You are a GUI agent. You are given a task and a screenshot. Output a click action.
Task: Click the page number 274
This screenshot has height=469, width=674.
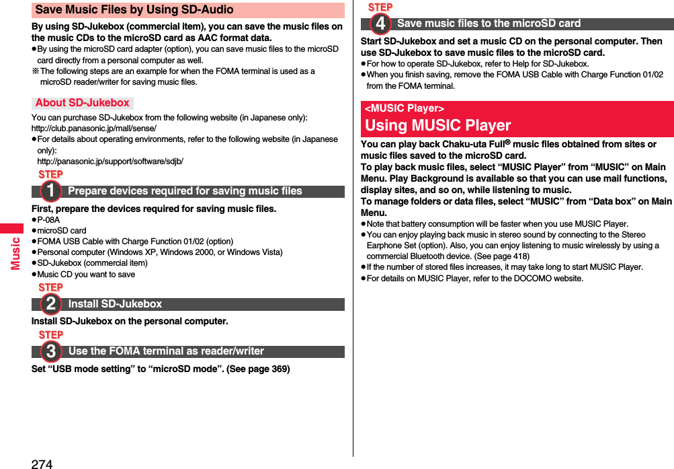[42, 463]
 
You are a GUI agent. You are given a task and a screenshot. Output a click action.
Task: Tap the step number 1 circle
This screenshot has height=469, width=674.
[50, 192]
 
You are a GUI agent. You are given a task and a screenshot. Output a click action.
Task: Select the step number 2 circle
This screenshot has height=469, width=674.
[50, 305]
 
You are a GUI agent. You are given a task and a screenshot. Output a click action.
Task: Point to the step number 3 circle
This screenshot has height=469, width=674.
[50, 352]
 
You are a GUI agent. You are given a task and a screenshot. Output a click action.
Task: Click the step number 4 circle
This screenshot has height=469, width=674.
[380, 24]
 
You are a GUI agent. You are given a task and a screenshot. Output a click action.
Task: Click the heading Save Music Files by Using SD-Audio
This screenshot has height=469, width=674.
[134, 10]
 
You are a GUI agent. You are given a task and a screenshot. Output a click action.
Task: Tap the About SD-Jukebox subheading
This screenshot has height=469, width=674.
[82, 103]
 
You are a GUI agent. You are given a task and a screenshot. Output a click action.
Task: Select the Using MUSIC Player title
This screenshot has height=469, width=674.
[437, 125]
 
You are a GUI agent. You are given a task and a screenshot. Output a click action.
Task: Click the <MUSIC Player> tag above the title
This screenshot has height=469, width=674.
[404, 108]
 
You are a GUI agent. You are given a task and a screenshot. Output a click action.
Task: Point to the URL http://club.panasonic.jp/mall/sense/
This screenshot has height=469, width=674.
[94, 129]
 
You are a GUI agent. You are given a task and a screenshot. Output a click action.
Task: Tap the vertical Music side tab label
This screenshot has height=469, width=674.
[15, 252]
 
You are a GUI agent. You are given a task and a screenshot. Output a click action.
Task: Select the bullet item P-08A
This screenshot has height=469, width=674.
[48, 220]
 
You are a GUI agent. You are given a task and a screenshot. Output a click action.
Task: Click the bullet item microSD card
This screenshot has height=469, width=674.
[61, 231]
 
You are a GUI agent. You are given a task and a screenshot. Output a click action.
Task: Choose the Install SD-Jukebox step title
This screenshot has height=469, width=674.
[115, 304]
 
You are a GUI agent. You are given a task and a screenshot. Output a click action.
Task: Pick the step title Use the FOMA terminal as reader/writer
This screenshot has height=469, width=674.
[166, 351]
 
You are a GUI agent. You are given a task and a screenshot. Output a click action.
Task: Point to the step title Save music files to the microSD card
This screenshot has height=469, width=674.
[489, 24]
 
